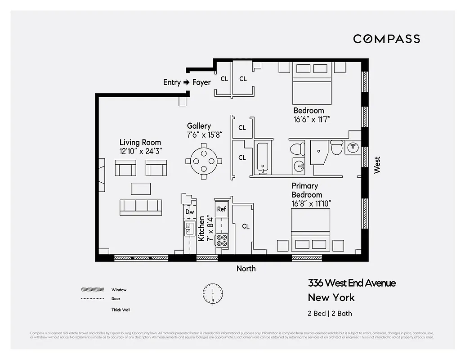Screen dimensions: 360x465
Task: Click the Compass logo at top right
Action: (x=386, y=39)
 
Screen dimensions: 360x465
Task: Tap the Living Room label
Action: (x=140, y=143)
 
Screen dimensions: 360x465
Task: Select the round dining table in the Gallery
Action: (x=204, y=161)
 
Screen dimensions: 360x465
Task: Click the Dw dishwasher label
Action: (x=189, y=212)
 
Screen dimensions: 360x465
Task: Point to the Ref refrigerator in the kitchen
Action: (x=222, y=209)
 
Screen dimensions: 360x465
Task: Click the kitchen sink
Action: (x=189, y=229)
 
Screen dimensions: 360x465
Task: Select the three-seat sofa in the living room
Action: (x=141, y=207)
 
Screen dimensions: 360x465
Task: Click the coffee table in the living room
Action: (x=141, y=188)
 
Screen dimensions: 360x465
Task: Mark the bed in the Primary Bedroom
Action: (x=311, y=229)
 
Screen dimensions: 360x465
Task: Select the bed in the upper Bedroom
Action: (x=313, y=83)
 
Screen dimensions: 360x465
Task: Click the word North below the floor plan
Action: (x=246, y=269)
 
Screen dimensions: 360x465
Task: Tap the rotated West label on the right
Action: (x=377, y=165)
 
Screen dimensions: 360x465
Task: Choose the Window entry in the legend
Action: (x=119, y=290)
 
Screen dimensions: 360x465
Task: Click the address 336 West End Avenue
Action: (x=352, y=283)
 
